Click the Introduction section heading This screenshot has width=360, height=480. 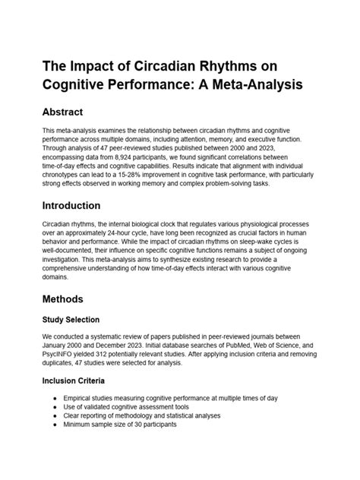pyautogui.click(x=82, y=205)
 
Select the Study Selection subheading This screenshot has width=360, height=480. pyautogui.click(x=81, y=320)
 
